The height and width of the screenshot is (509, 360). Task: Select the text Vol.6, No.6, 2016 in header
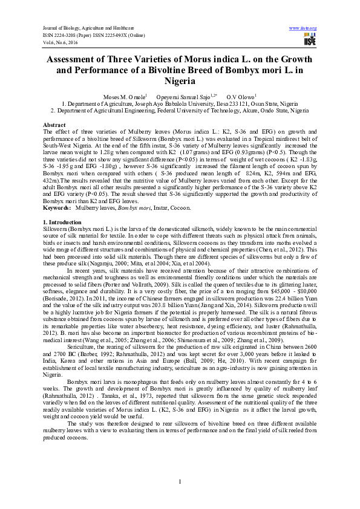click(62, 41)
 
